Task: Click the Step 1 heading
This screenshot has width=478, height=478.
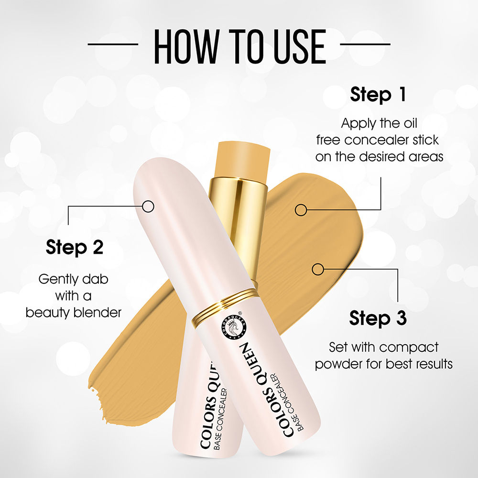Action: coord(378,94)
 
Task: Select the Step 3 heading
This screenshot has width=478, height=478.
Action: coord(378,317)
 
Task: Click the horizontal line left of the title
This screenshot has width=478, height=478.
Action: coord(113,44)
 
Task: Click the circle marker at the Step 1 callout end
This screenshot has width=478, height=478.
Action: coord(300,209)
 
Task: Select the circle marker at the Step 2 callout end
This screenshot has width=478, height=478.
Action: coord(148,206)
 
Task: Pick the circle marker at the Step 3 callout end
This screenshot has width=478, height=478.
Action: coord(317,269)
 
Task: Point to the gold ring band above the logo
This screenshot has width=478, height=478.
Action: coord(225,305)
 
